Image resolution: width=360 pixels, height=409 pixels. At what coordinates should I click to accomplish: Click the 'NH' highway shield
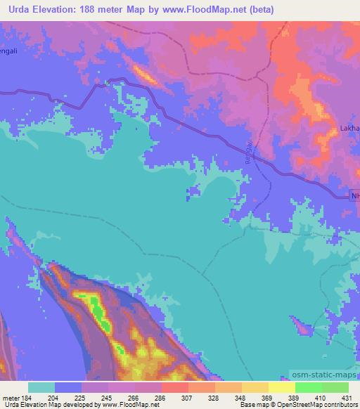(354, 195)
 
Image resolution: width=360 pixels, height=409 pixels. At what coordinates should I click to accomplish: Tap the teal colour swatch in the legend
(41, 387)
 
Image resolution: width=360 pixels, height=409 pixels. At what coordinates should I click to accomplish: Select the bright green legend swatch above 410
(308, 387)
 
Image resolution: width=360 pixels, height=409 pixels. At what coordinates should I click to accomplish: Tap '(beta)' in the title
(258, 9)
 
